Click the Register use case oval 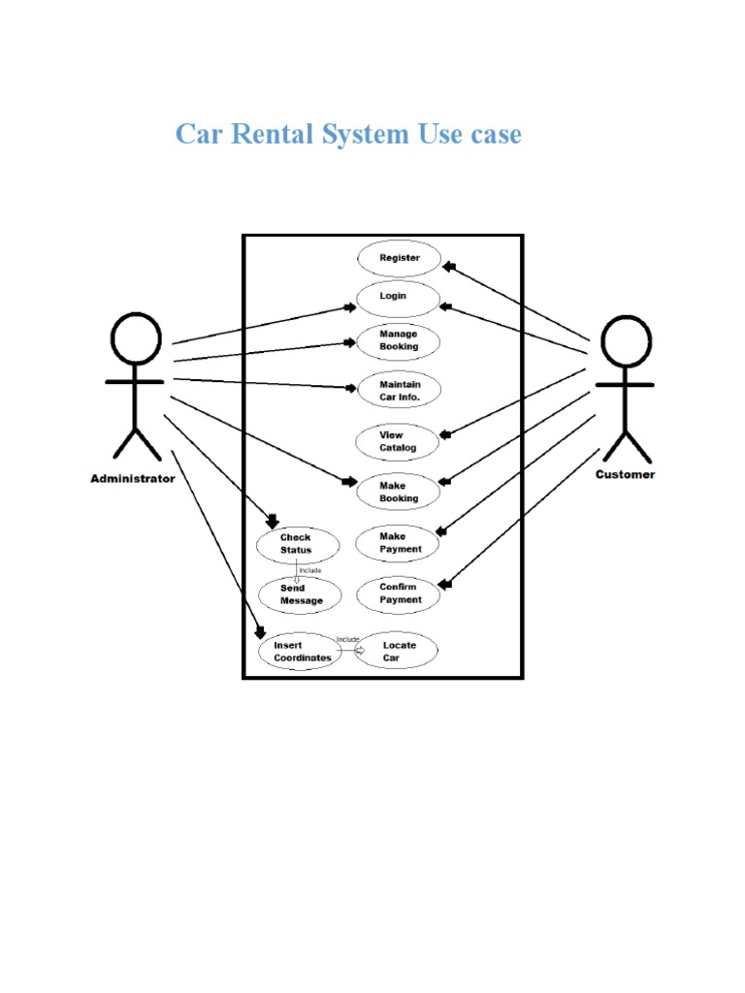coord(399,259)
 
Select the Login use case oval coord(398,297)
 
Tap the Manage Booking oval coord(399,341)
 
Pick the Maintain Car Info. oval coord(399,391)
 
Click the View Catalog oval coord(398,442)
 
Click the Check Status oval coord(298,545)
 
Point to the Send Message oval coord(300,595)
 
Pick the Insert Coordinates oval coord(301,652)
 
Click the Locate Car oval coord(398,652)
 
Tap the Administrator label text coord(133,479)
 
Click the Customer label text coord(625,475)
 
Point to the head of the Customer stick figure coord(625,343)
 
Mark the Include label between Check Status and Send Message coord(309,570)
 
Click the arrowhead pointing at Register coord(447,266)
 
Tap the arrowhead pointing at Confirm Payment coord(445,585)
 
